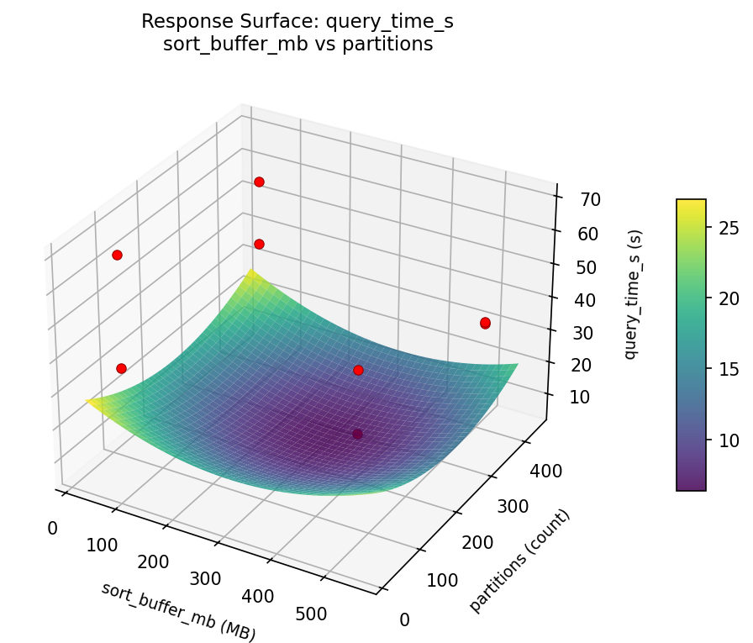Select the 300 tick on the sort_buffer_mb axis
(206, 578)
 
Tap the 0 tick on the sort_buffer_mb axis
(52, 528)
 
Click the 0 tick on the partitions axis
(405, 619)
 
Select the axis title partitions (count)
(519, 561)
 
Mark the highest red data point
(259, 182)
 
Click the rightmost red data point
(485, 323)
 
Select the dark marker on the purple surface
(358, 434)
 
